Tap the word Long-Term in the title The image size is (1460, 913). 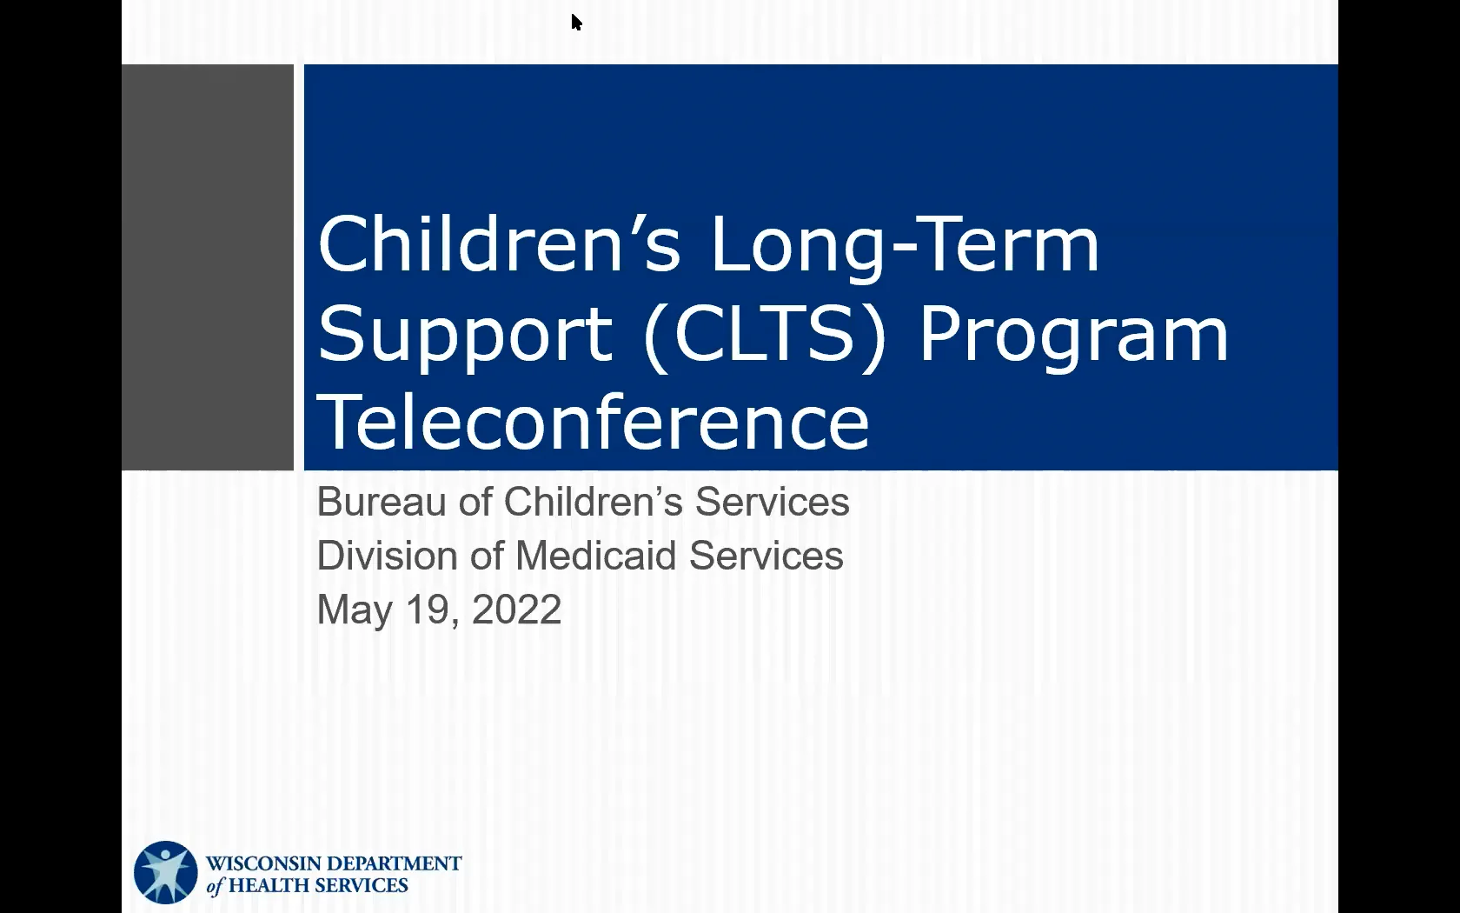(x=905, y=244)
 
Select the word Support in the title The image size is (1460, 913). (x=465, y=335)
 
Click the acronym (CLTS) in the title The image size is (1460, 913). (x=765, y=335)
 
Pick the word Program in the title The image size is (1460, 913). (x=1073, y=335)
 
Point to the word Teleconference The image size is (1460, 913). (x=593, y=423)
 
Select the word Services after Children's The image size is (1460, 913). (x=772, y=502)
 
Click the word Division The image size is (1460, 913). (x=386, y=556)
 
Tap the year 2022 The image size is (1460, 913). (x=516, y=610)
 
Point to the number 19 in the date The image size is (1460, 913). (x=428, y=610)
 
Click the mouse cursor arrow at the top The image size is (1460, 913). (x=576, y=22)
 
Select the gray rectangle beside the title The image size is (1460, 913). (x=208, y=267)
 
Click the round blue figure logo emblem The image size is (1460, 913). (x=165, y=872)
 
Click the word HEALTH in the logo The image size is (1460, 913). (x=269, y=885)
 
